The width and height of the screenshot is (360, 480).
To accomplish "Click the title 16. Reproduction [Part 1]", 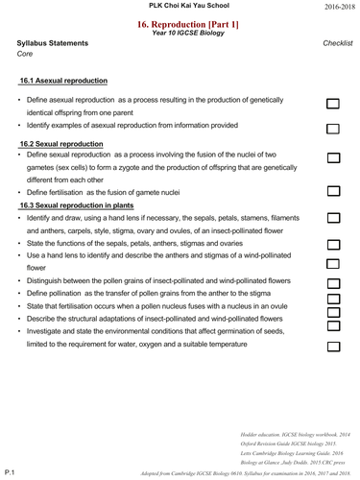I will (180, 21).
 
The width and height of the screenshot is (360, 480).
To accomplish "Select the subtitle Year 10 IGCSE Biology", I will (180, 32).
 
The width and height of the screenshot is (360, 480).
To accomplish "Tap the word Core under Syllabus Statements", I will (25, 54).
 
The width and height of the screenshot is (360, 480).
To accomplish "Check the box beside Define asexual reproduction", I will (333, 104).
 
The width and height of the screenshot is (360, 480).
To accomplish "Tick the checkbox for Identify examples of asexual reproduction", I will (333, 128).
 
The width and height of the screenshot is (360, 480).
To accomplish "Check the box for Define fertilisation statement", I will (333, 191).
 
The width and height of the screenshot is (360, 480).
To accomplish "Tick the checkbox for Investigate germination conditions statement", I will (333, 344).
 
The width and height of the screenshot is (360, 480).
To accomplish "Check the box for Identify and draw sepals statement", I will (333, 220).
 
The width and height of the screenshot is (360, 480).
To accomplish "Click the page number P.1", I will (10, 472).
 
